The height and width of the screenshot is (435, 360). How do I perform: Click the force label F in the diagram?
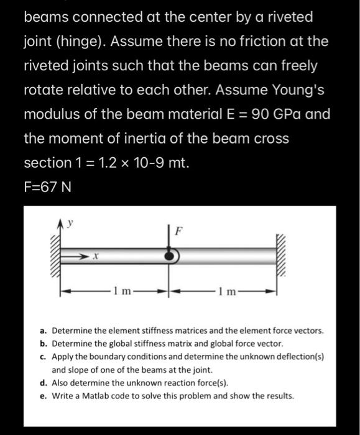coord(179,232)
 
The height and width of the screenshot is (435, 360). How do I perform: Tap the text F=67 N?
coord(47,186)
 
